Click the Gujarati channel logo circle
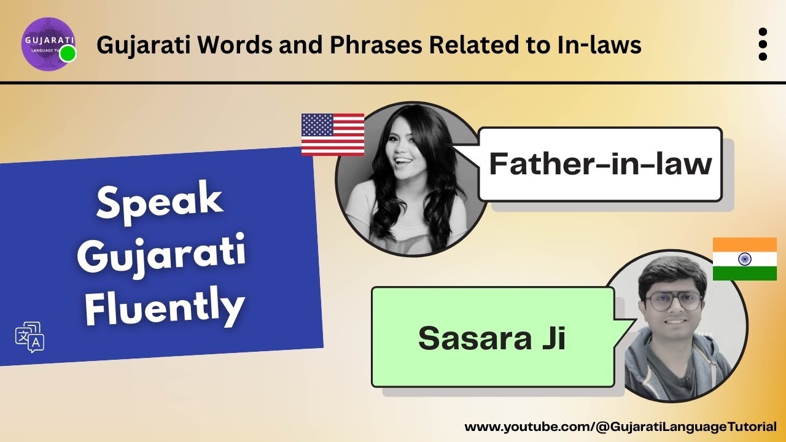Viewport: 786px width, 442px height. pyautogui.click(x=48, y=44)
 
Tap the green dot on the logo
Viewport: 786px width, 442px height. pyautogui.click(x=68, y=53)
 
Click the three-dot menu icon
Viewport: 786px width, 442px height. pyautogui.click(x=763, y=45)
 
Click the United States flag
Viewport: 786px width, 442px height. pyautogui.click(x=332, y=134)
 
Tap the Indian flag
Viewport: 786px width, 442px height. pyautogui.click(x=744, y=259)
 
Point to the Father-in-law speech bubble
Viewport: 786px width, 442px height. pyautogui.click(x=599, y=164)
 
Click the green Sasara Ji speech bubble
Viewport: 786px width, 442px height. pyautogui.click(x=492, y=337)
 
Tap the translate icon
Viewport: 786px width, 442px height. pyautogui.click(x=29, y=337)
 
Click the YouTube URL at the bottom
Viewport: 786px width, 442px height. pyautogui.click(x=620, y=426)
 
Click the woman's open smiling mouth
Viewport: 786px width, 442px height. pyautogui.click(x=403, y=161)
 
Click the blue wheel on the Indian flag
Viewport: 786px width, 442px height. pyautogui.click(x=744, y=259)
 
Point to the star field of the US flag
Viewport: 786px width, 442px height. pyautogui.click(x=317, y=125)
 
